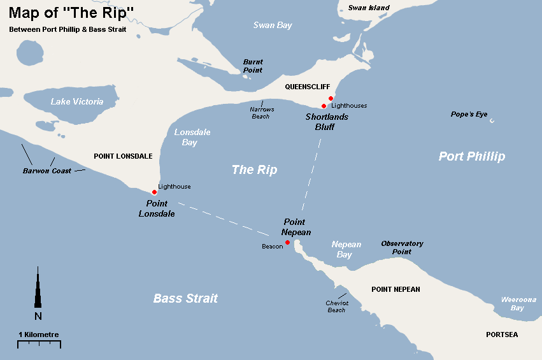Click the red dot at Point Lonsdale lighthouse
pyautogui.click(x=154, y=192)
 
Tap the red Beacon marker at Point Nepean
pyautogui.click(x=287, y=242)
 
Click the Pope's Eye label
pyautogui.click(x=469, y=114)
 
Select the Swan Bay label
pyautogui.click(x=273, y=25)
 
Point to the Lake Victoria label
pyautogui.click(x=77, y=101)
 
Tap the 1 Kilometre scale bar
pyautogui.click(x=39, y=343)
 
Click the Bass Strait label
pyautogui.click(x=185, y=298)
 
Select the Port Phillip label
pyautogui.click(x=471, y=156)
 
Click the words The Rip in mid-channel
pyautogui.click(x=254, y=169)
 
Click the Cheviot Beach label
pyautogui.click(x=337, y=306)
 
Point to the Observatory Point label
pyautogui.click(x=402, y=247)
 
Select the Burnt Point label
pyautogui.click(x=253, y=66)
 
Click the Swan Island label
pyautogui.click(x=369, y=8)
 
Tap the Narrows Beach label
pyautogui.click(x=262, y=113)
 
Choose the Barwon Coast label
pyautogui.click(x=47, y=171)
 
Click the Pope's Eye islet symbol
pyautogui.click(x=491, y=120)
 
